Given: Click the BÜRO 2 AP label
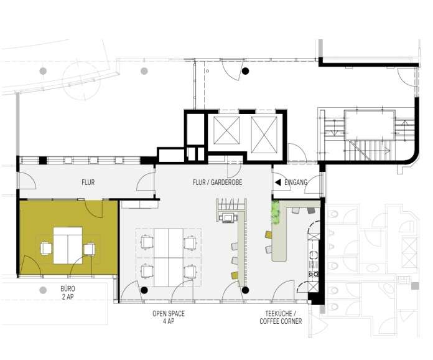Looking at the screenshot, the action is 68,293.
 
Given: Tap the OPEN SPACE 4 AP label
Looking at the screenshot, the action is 169,318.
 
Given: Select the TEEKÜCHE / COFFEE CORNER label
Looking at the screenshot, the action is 281,318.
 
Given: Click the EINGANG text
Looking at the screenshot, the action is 296,182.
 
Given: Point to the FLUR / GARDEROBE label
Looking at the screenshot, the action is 217,182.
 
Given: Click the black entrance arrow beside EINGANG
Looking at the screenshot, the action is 278,182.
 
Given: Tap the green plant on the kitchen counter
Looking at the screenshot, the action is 276,212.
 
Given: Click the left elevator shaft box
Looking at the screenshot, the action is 226,130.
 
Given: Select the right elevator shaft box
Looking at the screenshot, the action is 264,135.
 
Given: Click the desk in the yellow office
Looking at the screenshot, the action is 68,245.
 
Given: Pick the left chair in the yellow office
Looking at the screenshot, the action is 46,249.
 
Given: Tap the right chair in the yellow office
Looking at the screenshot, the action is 90,249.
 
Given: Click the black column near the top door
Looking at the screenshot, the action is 245,71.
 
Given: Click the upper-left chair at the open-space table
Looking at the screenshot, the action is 147,242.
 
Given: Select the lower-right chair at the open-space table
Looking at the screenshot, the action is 190,271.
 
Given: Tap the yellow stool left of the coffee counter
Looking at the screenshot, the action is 269,235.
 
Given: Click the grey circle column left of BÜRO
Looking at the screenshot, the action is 42,290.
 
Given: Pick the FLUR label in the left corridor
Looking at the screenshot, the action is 88,182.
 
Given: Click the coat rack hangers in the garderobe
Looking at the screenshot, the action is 231,205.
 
